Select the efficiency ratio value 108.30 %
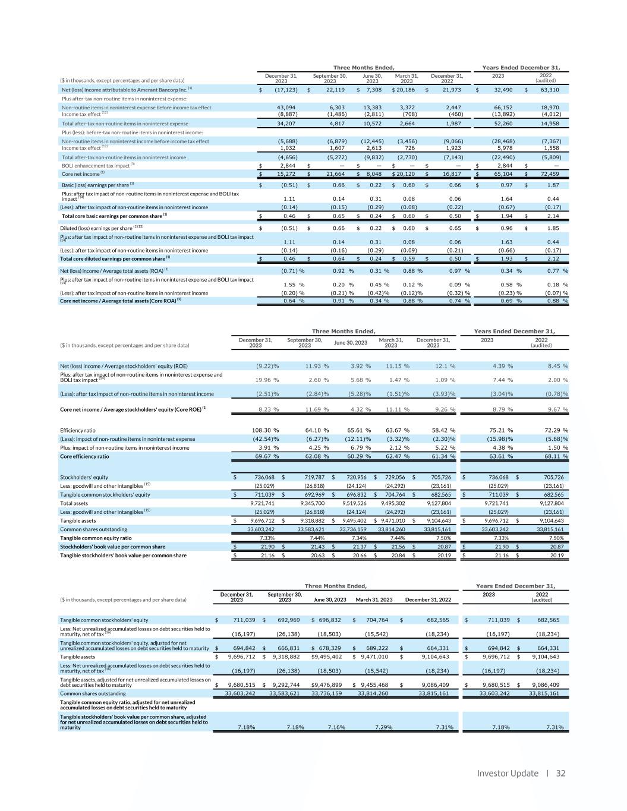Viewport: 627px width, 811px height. [267, 430]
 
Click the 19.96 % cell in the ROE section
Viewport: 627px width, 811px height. [267, 380]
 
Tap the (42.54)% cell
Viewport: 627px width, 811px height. [267, 438]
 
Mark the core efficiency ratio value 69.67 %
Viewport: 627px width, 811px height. [267, 456]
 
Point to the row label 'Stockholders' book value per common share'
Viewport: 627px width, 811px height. [113, 546]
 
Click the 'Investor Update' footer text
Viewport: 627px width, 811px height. [508, 773]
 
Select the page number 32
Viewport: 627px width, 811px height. [560, 773]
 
